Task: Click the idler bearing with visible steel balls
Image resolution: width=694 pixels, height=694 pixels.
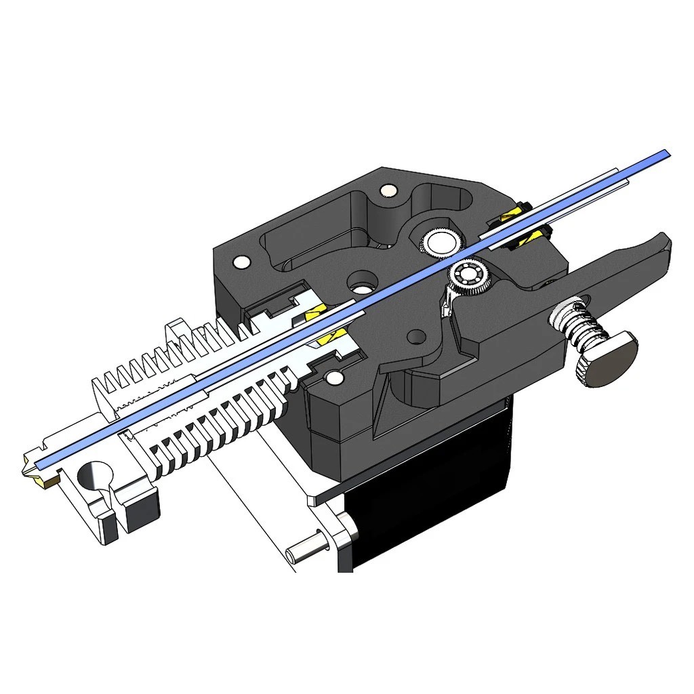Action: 468,275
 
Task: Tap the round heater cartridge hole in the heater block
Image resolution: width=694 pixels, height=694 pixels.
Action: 94,477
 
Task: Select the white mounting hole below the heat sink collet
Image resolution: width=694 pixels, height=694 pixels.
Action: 333,378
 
